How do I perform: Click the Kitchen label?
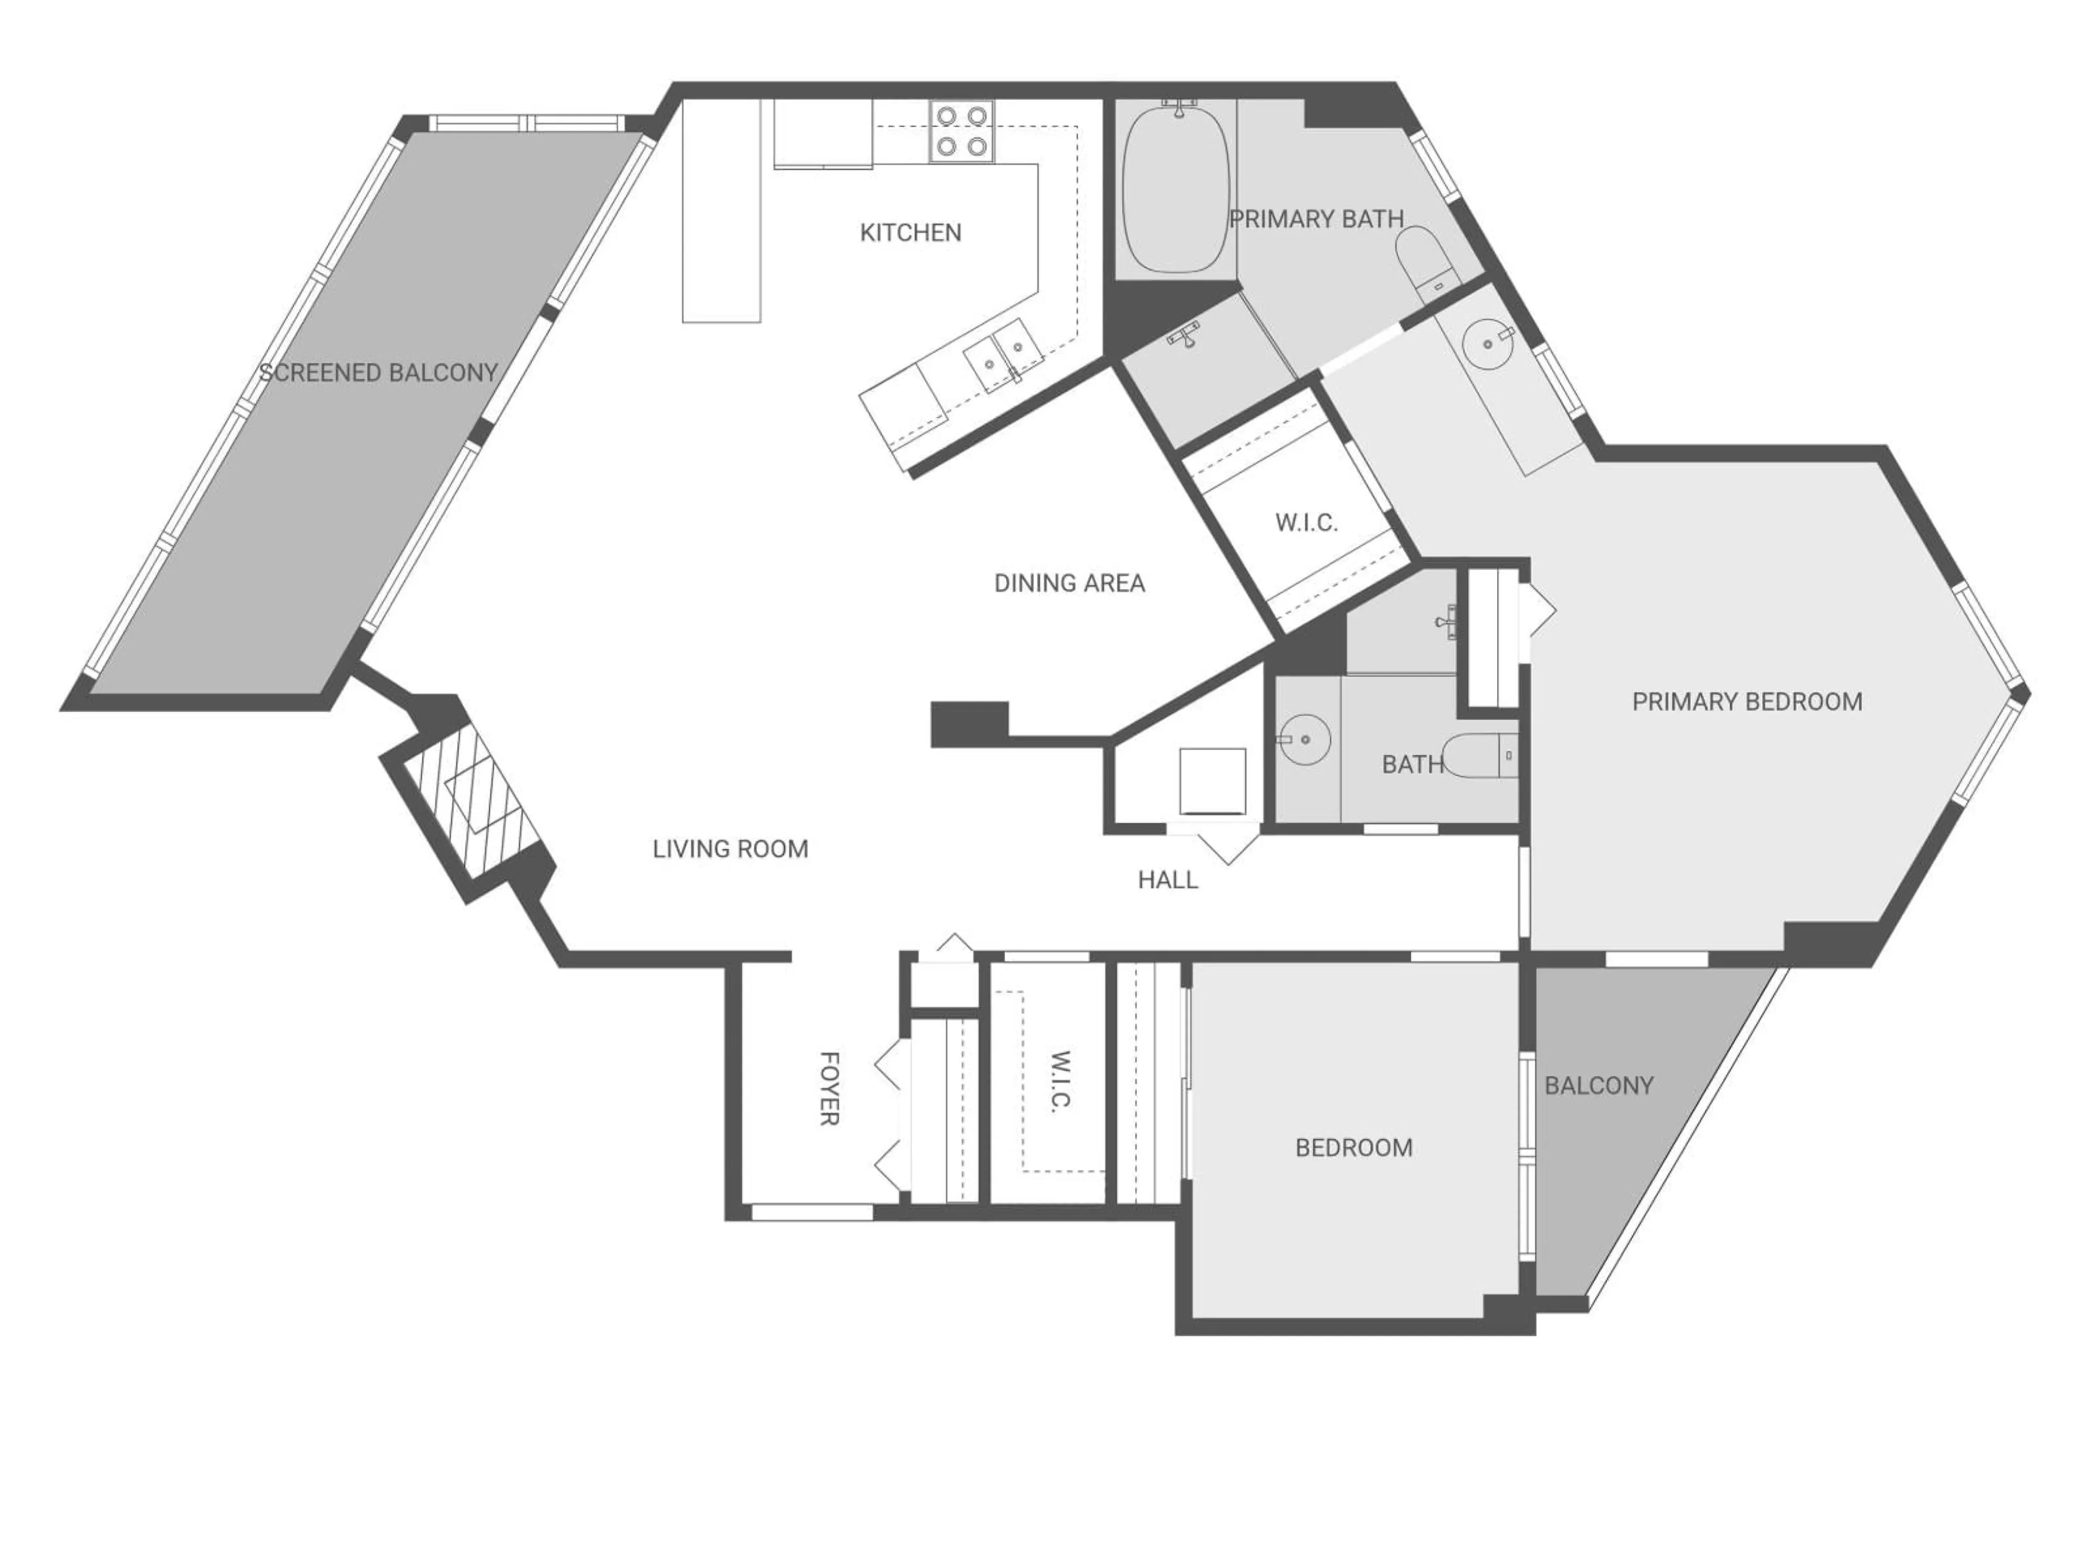pos(910,232)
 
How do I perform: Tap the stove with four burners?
pos(961,131)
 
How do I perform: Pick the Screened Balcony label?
pos(378,373)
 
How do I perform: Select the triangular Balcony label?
pos(1598,1086)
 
